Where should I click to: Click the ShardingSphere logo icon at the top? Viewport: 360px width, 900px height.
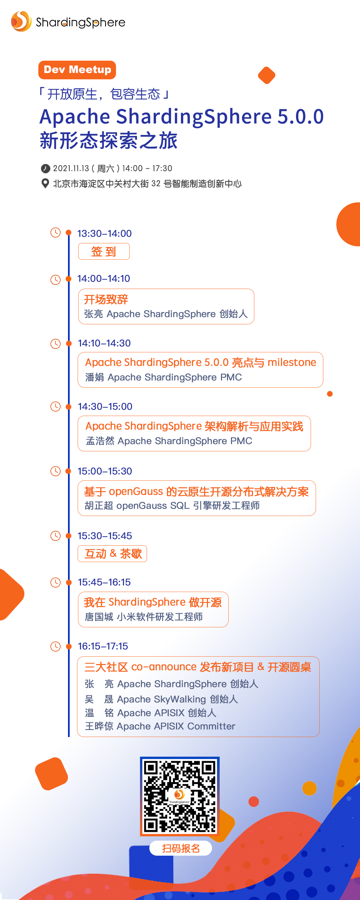point(21,21)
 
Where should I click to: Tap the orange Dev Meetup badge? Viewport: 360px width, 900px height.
point(77,70)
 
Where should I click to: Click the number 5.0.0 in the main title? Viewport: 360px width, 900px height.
point(300,116)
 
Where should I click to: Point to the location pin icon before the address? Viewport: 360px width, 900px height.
point(45,183)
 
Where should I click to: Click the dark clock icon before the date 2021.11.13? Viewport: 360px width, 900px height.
point(45,168)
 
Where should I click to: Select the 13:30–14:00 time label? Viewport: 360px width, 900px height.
point(104,233)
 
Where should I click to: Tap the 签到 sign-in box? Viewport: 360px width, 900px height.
point(104,251)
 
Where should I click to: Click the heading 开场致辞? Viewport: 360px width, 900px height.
point(106,299)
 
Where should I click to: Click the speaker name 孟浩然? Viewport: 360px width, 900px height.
point(100,441)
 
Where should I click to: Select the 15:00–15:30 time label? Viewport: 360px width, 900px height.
point(105,471)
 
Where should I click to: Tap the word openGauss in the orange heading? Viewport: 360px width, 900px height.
point(136,491)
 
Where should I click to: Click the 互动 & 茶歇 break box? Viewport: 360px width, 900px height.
point(112,553)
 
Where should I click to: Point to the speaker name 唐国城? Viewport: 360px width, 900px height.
point(99,617)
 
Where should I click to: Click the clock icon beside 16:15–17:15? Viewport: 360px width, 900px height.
point(56,646)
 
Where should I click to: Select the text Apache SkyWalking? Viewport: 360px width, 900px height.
point(161,699)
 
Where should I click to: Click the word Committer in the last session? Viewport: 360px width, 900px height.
point(211,726)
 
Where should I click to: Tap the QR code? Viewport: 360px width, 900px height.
point(180,796)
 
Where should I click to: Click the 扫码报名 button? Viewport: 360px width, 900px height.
point(180,848)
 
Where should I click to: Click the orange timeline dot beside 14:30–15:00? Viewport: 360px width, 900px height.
point(69,406)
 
